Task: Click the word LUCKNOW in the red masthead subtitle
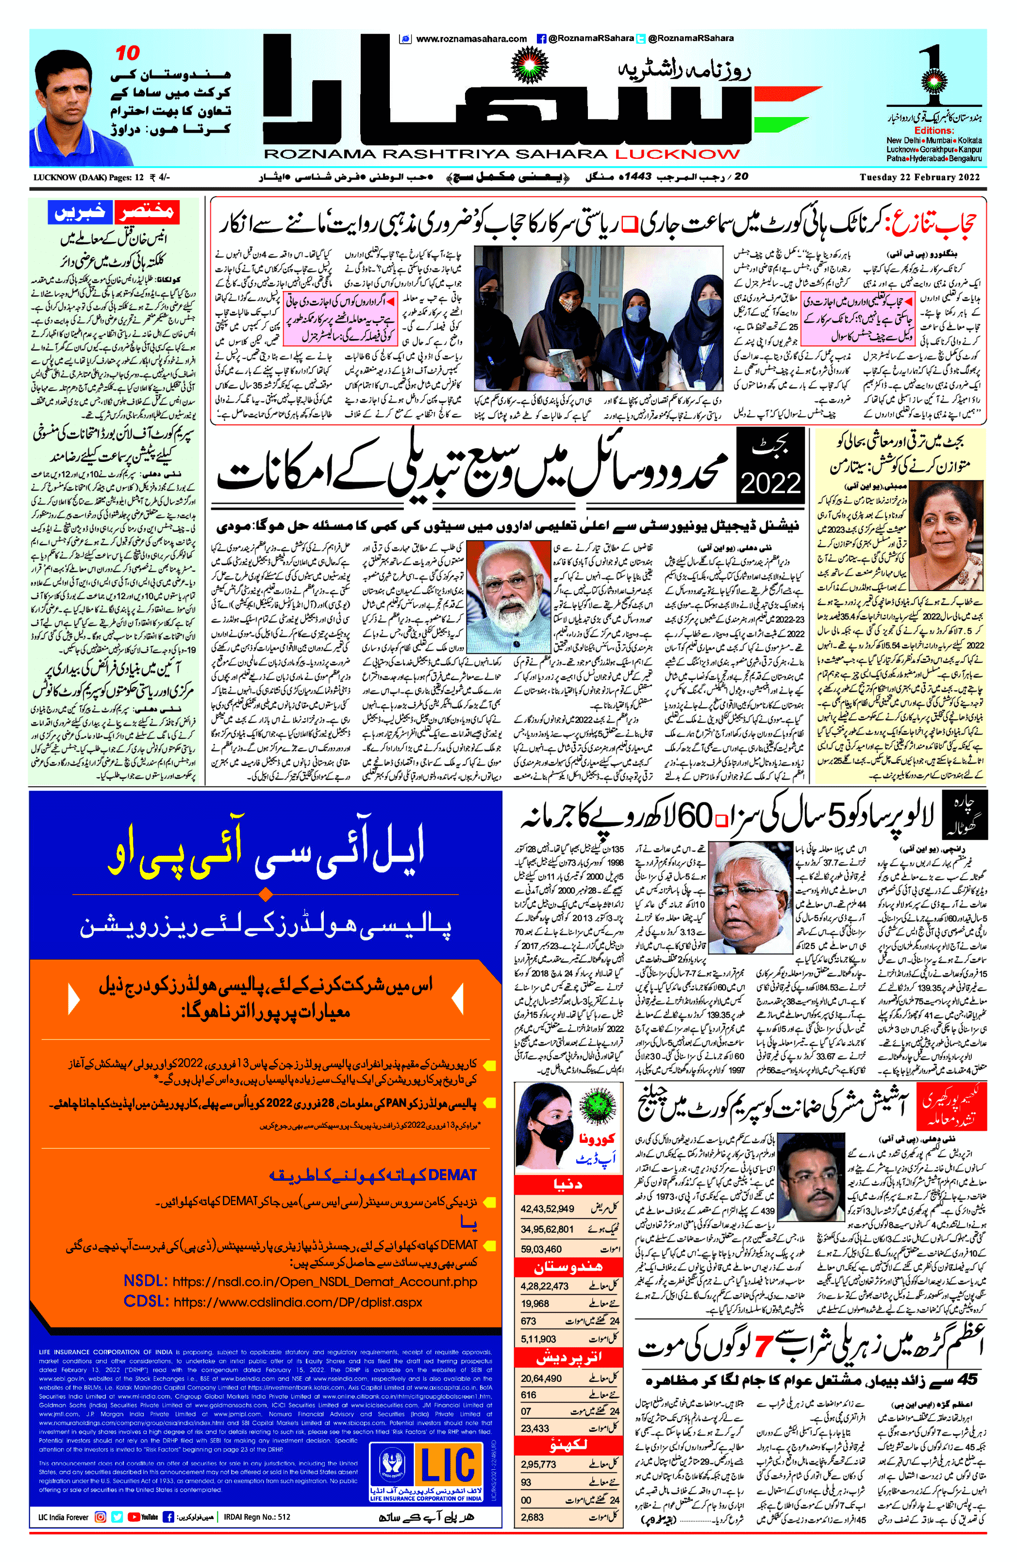[677, 154]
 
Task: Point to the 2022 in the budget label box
[770, 484]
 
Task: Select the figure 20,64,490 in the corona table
[541, 1378]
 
